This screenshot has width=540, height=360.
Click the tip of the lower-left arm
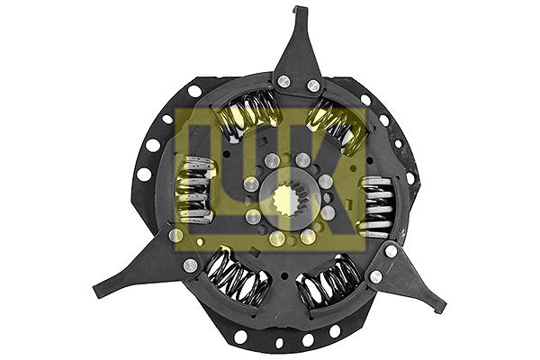tap(96, 292)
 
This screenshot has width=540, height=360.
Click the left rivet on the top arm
tap(283, 81)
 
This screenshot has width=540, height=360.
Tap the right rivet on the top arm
tap(314, 85)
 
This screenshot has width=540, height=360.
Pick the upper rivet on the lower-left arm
tap(176, 235)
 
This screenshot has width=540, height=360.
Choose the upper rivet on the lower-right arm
tap(391, 251)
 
